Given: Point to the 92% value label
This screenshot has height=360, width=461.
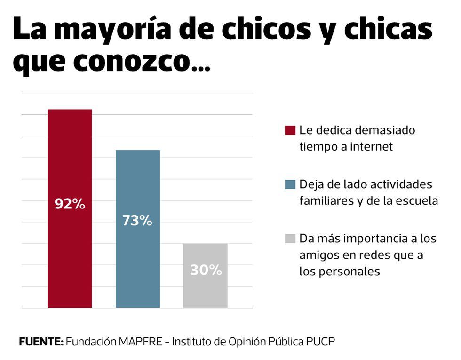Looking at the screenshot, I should pos(70,204).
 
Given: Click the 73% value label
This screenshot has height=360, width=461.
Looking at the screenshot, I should pos(137,221).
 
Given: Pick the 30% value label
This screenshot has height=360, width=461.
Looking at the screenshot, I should pos(206,270).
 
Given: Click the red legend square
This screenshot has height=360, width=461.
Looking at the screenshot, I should pos(290,130).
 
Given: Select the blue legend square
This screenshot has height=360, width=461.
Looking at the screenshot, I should pos(290,184).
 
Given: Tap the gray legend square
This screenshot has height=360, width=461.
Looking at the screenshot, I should pos(290,239).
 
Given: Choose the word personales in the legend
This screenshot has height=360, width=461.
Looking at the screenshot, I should pos(339,272).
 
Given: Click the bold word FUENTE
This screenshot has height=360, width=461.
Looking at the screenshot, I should pos(41,342).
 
